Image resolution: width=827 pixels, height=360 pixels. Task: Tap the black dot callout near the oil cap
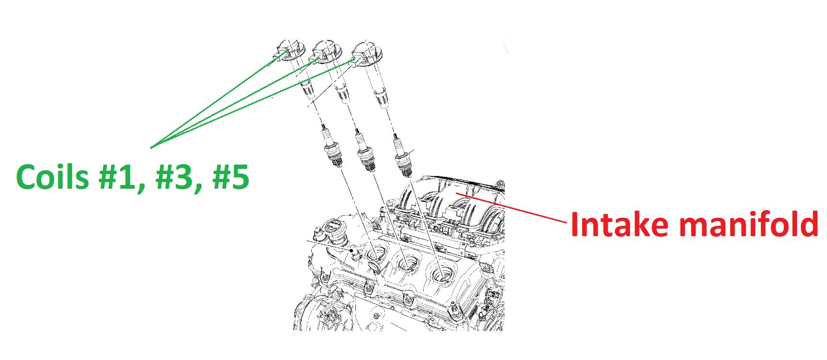point(352,250)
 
